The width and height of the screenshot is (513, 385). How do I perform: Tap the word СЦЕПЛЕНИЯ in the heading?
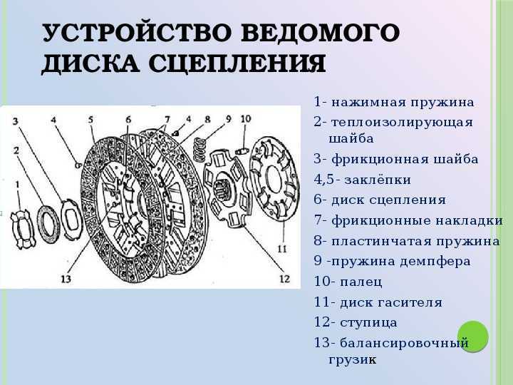pyautogui.click(x=237, y=63)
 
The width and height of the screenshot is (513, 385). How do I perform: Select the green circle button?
pyautogui.click(x=473, y=337)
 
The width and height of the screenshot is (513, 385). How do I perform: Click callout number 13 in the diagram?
pyautogui.click(x=66, y=279)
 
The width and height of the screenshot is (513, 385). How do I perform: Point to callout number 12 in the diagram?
pyautogui.click(x=284, y=279)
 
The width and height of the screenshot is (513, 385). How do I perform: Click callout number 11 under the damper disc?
pyautogui.click(x=282, y=249)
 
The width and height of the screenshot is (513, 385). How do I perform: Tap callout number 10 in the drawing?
pyautogui.click(x=246, y=118)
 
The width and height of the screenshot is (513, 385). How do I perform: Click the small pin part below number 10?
pyautogui.click(x=242, y=151)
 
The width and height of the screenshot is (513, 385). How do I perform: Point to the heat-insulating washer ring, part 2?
pyautogui.click(x=48, y=225)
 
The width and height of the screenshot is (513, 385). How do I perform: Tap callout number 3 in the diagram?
pyautogui.click(x=16, y=121)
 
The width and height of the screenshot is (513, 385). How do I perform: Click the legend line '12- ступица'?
pyautogui.click(x=356, y=322)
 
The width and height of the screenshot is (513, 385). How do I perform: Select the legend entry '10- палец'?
pyautogui.click(x=348, y=282)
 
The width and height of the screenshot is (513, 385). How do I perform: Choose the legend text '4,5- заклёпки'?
pyautogui.click(x=363, y=180)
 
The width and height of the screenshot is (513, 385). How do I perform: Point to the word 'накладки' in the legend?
pyautogui.click(x=469, y=220)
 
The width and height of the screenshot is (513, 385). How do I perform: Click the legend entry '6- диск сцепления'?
pyautogui.click(x=380, y=200)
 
